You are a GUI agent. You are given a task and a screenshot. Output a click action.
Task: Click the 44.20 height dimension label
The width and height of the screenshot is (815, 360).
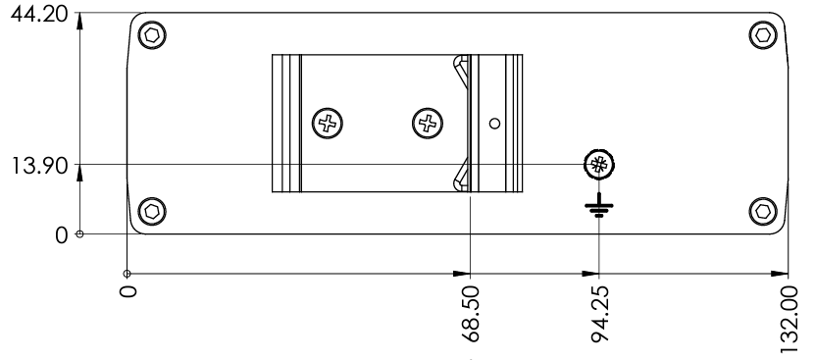point(39,14)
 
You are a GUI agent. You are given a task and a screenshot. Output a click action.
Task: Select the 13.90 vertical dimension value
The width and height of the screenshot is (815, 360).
point(39,167)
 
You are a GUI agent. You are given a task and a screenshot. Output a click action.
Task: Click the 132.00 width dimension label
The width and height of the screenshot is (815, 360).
point(790,316)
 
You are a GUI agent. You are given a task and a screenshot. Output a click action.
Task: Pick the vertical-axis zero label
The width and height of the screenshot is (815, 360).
point(62,235)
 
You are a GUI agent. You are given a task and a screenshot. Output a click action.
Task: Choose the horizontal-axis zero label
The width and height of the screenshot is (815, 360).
point(127,290)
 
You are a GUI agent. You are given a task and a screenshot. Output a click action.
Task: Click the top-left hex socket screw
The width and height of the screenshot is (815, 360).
point(152,35)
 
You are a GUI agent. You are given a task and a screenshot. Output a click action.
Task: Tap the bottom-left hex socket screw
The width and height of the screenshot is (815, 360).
point(152,212)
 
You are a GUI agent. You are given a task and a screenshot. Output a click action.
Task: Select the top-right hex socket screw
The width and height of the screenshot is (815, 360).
point(763,35)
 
